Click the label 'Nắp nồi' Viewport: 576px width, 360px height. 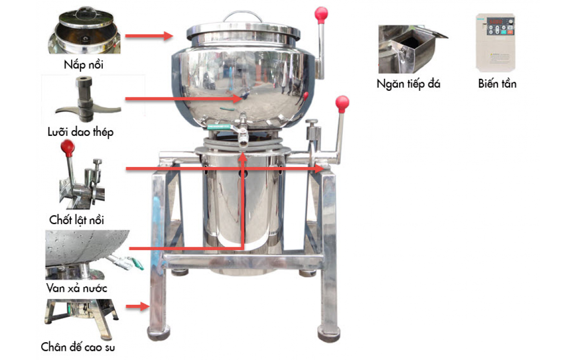pyautogui.click(x=84, y=64)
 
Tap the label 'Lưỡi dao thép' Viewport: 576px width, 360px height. pyautogui.click(x=81, y=132)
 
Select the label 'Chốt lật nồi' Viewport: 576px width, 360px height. pyautogui.click(x=77, y=220)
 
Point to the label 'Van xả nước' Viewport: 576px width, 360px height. pyautogui.click(x=77, y=288)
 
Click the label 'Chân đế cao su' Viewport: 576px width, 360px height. pyautogui.click(x=78, y=347)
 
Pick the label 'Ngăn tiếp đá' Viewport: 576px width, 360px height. pyautogui.click(x=408, y=84)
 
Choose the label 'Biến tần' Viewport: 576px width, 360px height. pyautogui.click(x=497, y=84)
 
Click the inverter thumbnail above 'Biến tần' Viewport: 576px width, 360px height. pyautogui.click(x=495, y=43)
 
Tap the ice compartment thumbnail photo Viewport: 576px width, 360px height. pyautogui.click(x=413, y=49)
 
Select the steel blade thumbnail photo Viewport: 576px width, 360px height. pyautogui.click(x=87, y=99)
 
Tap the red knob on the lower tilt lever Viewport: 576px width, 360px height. pyautogui.click(x=342, y=104)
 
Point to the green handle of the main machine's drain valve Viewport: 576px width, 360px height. pyautogui.click(x=219, y=127)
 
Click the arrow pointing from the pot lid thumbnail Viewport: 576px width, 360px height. pyautogui.click(x=149, y=36)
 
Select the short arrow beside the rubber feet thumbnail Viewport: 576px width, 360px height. pyautogui.click(x=138, y=306)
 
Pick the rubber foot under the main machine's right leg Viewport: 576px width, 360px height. pyautogui.click(x=329, y=334)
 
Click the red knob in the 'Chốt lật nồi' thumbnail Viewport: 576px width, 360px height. pyautogui.click(x=68, y=148)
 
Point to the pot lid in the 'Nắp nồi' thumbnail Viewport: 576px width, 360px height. pyautogui.click(x=86, y=18)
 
